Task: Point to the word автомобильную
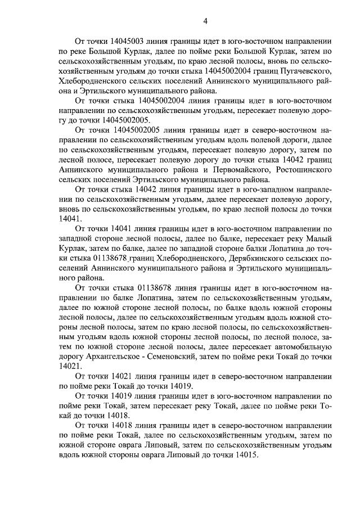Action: tap(304, 346)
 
